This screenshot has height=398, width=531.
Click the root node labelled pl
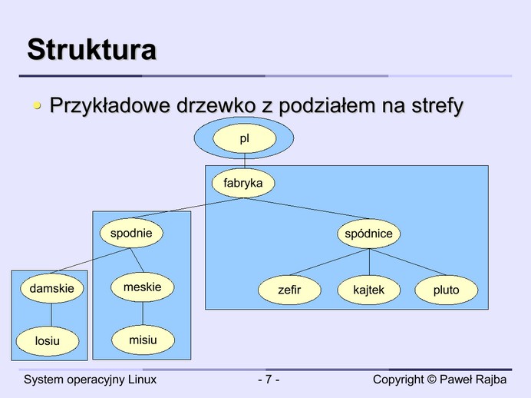pyautogui.click(x=244, y=139)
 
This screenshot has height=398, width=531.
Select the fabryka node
pyautogui.click(x=243, y=183)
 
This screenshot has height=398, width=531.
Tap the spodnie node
pyautogui.click(x=131, y=233)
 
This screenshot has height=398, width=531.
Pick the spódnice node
pyautogui.click(x=369, y=234)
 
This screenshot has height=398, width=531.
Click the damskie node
pyautogui.click(x=51, y=289)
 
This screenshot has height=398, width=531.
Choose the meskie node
pyautogui.click(x=143, y=287)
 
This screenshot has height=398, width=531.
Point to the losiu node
pyautogui.click(x=47, y=340)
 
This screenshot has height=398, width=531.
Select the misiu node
pyautogui.click(x=143, y=340)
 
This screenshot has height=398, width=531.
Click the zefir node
pyautogui.click(x=289, y=290)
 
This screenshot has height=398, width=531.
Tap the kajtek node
pyautogui.click(x=369, y=290)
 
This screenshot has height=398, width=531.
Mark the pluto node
pyautogui.click(x=446, y=290)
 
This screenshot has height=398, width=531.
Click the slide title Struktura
pyautogui.click(x=92, y=50)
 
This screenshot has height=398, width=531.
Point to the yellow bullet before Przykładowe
pyautogui.click(x=37, y=106)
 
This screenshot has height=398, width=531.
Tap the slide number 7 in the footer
pyautogui.click(x=268, y=380)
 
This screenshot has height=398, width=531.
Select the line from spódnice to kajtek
pyautogui.click(x=369, y=262)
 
